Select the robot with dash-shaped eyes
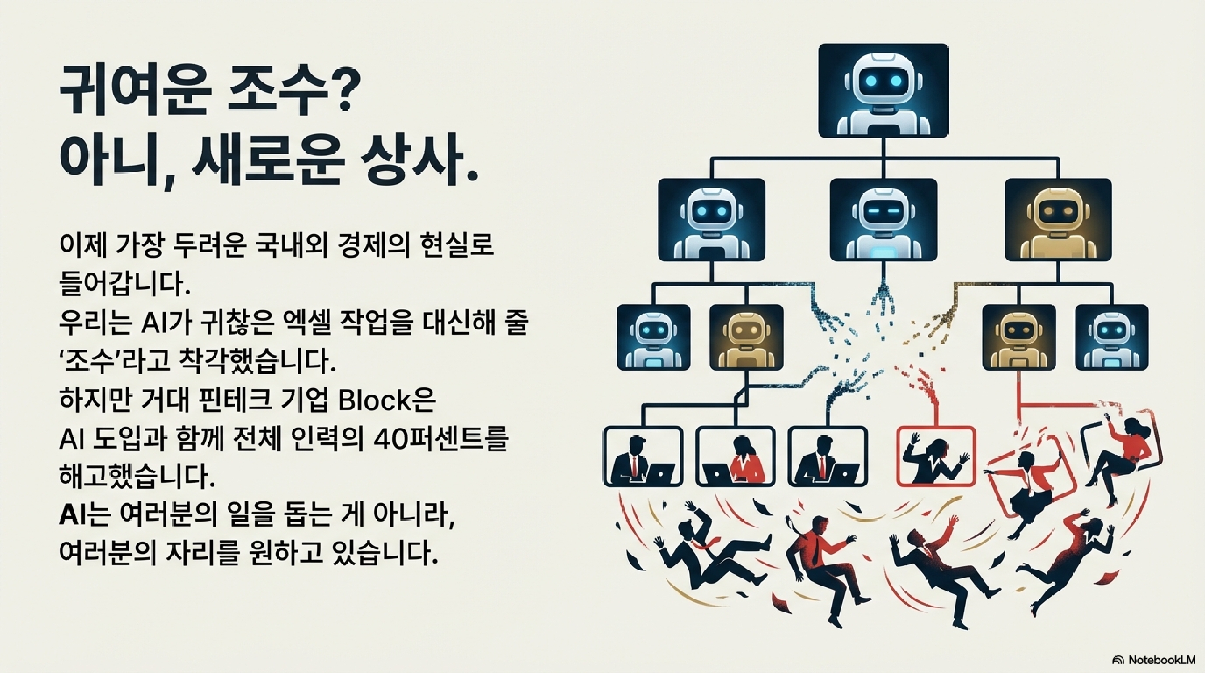pyautogui.click(x=883, y=220)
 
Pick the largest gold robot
pyautogui.click(x=1058, y=220)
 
